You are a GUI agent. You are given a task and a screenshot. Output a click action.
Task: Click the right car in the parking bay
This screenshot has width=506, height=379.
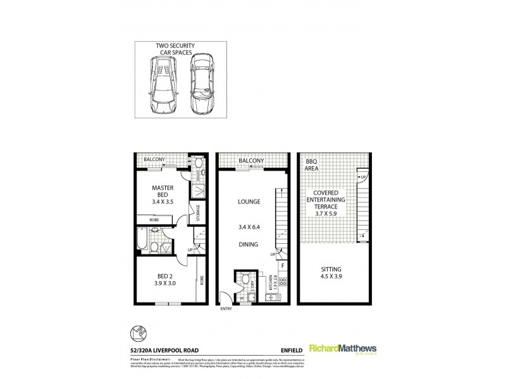click(201, 85)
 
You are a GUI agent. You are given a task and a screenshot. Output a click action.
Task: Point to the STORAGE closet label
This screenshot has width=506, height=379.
click(199, 214)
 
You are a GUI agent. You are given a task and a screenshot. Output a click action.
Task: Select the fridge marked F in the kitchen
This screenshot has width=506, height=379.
click(283, 267)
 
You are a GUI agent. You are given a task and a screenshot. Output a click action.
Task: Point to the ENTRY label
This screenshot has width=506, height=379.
click(226, 310)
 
